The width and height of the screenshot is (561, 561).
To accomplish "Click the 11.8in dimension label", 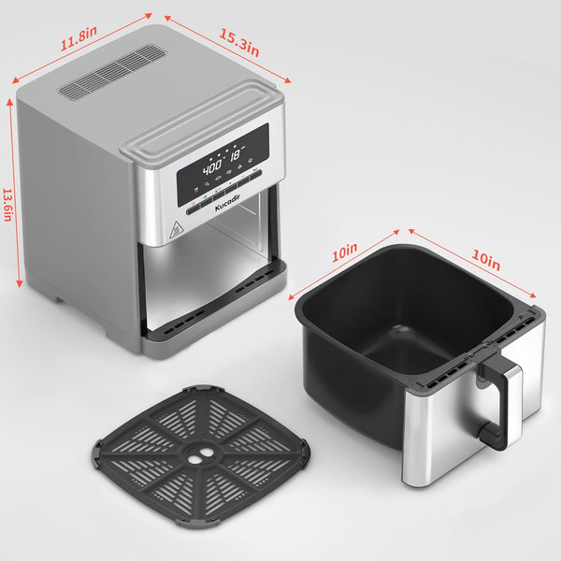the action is (x=79, y=38).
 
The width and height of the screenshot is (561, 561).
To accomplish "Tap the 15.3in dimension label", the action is (x=239, y=43).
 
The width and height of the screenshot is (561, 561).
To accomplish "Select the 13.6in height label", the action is (x=7, y=205).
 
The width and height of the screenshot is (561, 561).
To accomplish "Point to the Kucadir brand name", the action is (x=227, y=203).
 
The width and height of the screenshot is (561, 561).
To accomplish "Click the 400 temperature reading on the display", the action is (x=212, y=167).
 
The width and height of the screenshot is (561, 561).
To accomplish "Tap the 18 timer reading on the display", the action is (x=235, y=155).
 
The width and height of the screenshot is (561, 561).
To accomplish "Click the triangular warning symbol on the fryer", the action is (x=176, y=229).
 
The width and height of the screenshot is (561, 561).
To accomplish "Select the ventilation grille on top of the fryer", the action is (x=112, y=73).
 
